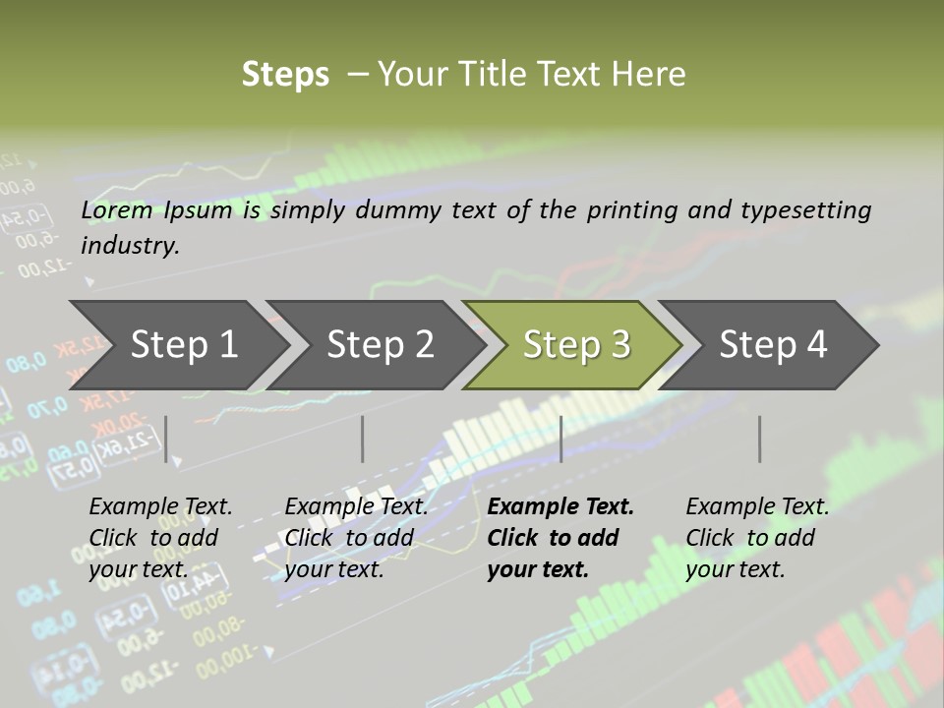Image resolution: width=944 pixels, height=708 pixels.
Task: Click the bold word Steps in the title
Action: click(285, 75)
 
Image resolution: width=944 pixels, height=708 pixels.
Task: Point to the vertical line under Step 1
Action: click(166, 439)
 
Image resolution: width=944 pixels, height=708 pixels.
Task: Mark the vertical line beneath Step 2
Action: click(363, 439)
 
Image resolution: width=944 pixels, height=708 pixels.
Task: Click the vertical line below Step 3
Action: click(560, 439)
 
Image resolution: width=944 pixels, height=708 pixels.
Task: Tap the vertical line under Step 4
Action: click(759, 439)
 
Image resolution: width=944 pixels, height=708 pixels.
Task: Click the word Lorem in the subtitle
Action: click(116, 210)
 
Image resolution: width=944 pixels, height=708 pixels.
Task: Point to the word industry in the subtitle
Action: click(130, 246)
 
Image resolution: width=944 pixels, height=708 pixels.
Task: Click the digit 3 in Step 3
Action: click(619, 344)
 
